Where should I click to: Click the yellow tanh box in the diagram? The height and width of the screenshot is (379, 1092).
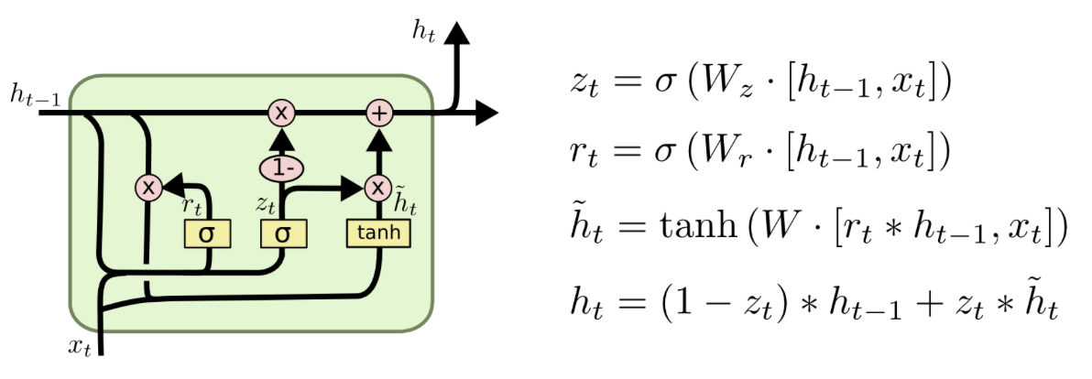tap(378, 234)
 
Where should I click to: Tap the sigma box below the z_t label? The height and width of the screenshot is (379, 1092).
tap(283, 234)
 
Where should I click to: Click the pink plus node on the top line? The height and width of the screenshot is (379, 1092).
tap(378, 113)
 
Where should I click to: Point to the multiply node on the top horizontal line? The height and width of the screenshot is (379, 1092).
tap(281, 113)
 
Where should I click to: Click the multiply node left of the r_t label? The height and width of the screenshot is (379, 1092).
tap(147, 188)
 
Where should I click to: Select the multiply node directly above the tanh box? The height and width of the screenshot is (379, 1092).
tap(377, 188)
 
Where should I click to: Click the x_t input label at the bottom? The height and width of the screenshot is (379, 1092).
tap(80, 346)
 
